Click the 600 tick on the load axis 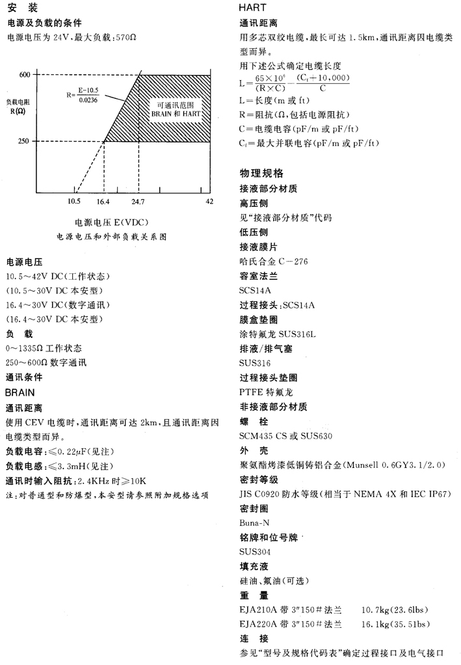pyautogui.click(x=24, y=74)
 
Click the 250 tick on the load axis pyautogui.click(x=24, y=141)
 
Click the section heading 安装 pyautogui.click(x=26, y=8)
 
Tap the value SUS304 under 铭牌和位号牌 pyautogui.click(x=256, y=552)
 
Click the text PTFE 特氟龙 pyautogui.click(x=267, y=392)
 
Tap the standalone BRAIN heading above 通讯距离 pyautogui.click(x=20, y=393)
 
